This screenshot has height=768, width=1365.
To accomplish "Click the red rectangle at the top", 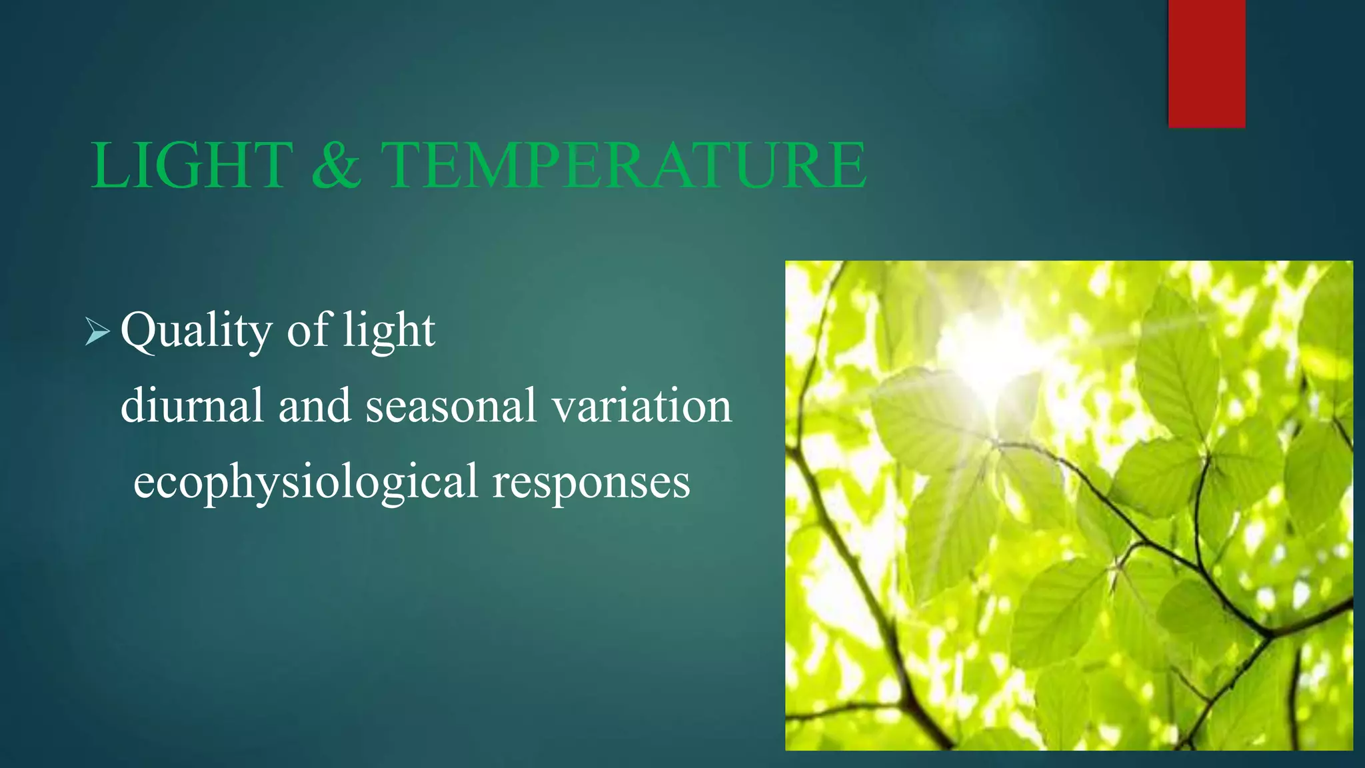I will [x=1206, y=63].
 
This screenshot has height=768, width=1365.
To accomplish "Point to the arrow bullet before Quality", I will [x=97, y=331].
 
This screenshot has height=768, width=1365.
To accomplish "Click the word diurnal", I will [x=192, y=405].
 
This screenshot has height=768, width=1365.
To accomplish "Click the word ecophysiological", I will [x=305, y=482].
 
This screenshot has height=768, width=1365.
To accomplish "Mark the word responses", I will [x=591, y=482].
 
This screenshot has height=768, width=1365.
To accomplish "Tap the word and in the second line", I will [x=314, y=405].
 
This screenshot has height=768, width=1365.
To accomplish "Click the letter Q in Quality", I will [x=139, y=329].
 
